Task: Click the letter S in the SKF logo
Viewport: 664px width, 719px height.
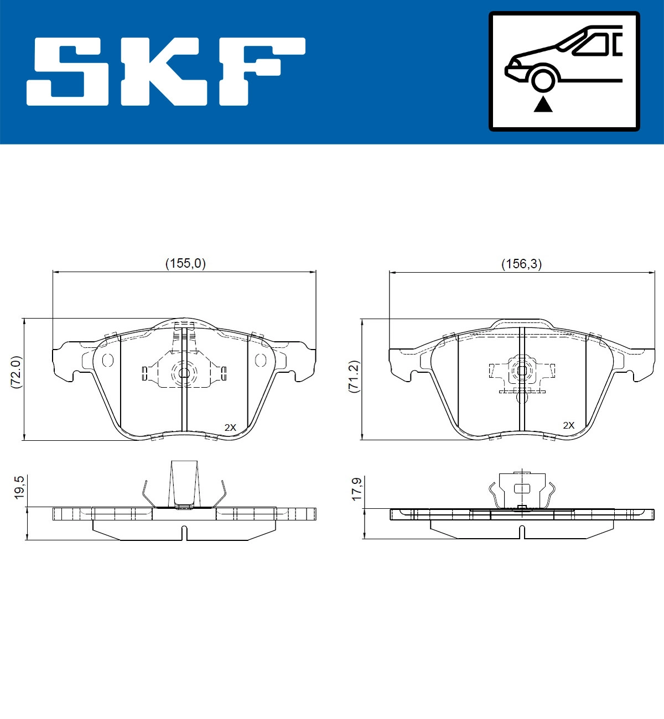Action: tap(68, 71)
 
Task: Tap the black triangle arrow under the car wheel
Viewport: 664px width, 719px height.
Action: tap(543, 103)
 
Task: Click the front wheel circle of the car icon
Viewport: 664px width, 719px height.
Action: tap(543, 79)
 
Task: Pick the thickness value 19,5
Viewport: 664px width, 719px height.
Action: tap(19, 487)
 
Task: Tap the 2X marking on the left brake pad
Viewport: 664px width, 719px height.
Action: tap(230, 427)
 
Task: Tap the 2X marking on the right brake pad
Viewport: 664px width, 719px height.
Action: tap(568, 425)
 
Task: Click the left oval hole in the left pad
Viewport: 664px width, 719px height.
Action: tap(108, 361)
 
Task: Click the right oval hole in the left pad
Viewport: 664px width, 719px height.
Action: tap(260, 361)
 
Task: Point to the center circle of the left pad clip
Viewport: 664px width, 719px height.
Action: tap(184, 372)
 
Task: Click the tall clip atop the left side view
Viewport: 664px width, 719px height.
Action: tap(184, 483)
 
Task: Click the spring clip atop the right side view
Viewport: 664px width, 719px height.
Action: tap(522, 489)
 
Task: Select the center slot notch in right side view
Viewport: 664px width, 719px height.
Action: tap(522, 533)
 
